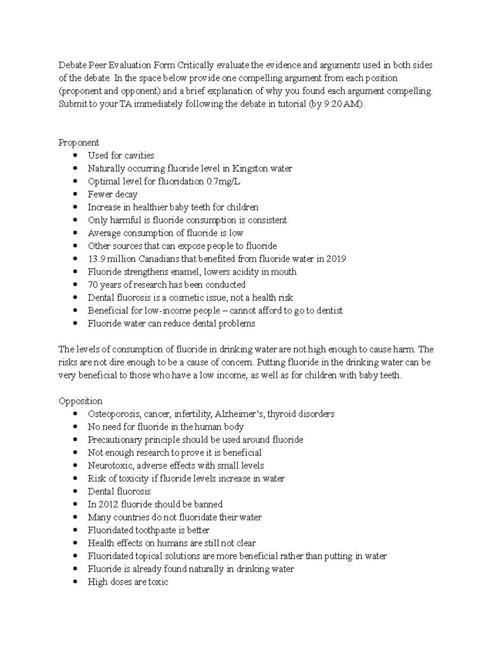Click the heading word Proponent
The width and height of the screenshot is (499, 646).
[x=79, y=143]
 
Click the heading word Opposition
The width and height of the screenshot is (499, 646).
[x=80, y=401]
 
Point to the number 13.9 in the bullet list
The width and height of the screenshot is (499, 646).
[x=96, y=259]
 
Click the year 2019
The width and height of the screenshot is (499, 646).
[x=336, y=259]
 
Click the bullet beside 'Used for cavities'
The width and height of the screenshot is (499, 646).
[x=75, y=156]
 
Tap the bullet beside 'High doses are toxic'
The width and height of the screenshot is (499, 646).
[x=75, y=582]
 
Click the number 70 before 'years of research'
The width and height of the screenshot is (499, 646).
[x=92, y=285]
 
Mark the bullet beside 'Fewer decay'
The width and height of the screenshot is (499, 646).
[x=75, y=194]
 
